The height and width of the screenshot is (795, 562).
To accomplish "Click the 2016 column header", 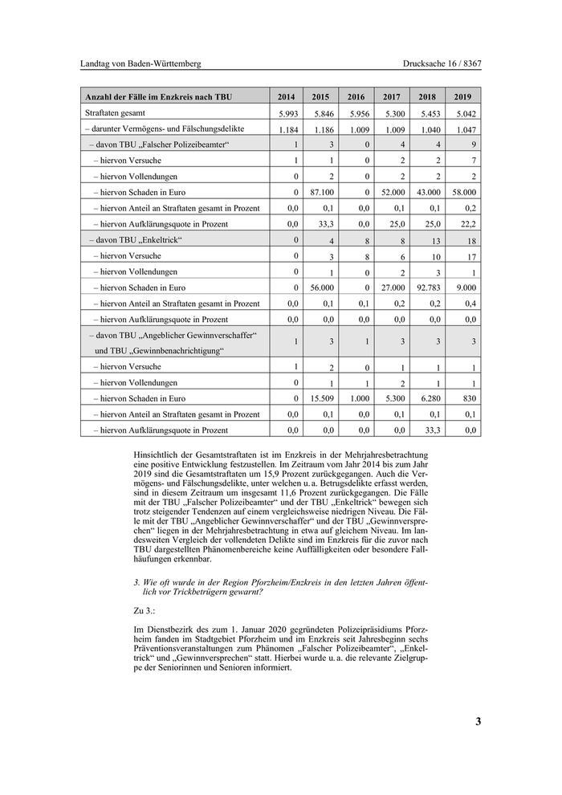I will click(356, 97).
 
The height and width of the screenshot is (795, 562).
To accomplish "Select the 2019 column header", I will click(464, 97).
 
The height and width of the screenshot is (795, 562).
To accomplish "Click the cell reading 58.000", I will click(463, 192).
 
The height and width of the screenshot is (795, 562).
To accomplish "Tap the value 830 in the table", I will click(470, 398).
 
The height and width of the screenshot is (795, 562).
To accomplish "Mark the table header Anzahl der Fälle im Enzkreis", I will click(158, 97).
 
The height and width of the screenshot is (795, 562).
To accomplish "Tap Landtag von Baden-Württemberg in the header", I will click(140, 63).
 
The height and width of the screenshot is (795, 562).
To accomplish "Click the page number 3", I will click(478, 721).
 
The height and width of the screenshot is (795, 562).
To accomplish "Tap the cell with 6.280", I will click(430, 398).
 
